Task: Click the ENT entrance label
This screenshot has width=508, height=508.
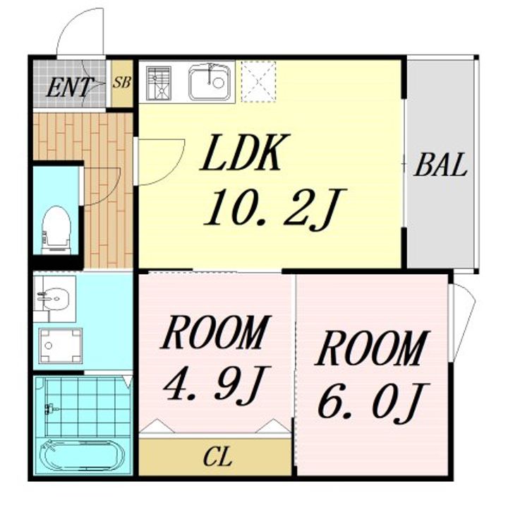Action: tap(69, 87)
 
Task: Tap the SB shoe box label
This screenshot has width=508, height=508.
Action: tap(122, 83)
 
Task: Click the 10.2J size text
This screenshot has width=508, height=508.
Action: tap(275, 208)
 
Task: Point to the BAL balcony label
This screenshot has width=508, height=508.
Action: tap(440, 165)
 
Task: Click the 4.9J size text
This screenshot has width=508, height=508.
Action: tap(217, 385)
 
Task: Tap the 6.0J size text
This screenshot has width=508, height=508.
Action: tap(373, 403)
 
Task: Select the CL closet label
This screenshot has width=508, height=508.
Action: tap(218, 456)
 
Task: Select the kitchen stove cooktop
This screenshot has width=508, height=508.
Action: tap(159, 83)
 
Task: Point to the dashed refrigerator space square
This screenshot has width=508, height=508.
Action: tap(258, 81)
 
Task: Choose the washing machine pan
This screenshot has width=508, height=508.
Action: tap(60, 345)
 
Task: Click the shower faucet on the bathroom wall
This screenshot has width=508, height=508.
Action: tap(51, 408)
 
